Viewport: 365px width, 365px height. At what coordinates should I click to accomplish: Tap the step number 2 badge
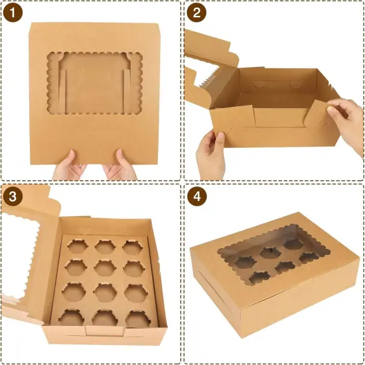(196, 13)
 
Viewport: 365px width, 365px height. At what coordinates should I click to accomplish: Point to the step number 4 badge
(196, 197)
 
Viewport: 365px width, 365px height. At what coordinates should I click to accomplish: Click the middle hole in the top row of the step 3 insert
(104, 246)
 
